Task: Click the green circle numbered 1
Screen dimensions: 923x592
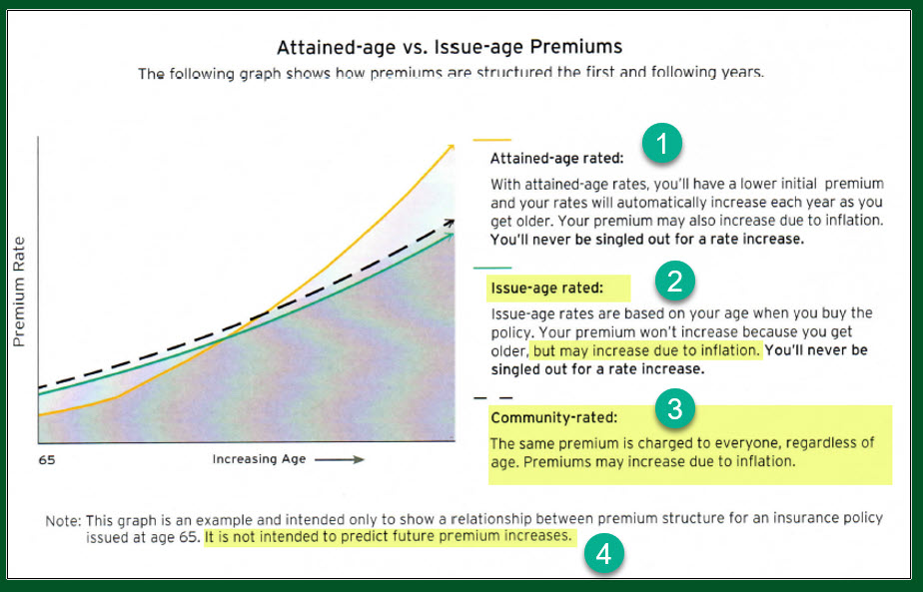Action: click(661, 144)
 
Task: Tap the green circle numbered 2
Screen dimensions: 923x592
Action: click(674, 281)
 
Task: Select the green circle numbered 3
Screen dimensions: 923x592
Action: click(674, 408)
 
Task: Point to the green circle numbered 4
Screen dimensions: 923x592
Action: click(603, 554)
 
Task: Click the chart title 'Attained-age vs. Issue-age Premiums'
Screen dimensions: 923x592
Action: click(450, 47)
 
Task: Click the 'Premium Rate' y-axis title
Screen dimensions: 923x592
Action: click(19, 292)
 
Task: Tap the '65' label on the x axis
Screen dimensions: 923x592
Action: click(47, 459)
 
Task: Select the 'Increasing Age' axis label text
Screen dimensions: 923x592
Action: click(259, 459)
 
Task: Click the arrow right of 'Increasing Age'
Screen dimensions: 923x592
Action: click(340, 459)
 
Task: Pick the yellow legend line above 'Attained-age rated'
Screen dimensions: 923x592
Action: click(492, 140)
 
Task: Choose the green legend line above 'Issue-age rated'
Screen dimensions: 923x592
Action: click(492, 268)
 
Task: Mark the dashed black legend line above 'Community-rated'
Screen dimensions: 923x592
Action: click(493, 397)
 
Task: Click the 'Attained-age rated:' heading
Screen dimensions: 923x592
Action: click(556, 159)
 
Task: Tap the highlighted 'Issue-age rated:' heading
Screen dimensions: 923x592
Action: click(547, 288)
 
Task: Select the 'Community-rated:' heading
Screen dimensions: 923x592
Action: click(554, 418)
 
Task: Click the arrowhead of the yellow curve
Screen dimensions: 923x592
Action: click(451, 148)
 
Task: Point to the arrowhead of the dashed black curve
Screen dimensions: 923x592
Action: click(450, 223)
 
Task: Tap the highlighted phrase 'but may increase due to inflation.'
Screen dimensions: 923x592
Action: click(646, 350)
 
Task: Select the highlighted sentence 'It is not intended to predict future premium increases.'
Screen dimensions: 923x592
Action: click(389, 537)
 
